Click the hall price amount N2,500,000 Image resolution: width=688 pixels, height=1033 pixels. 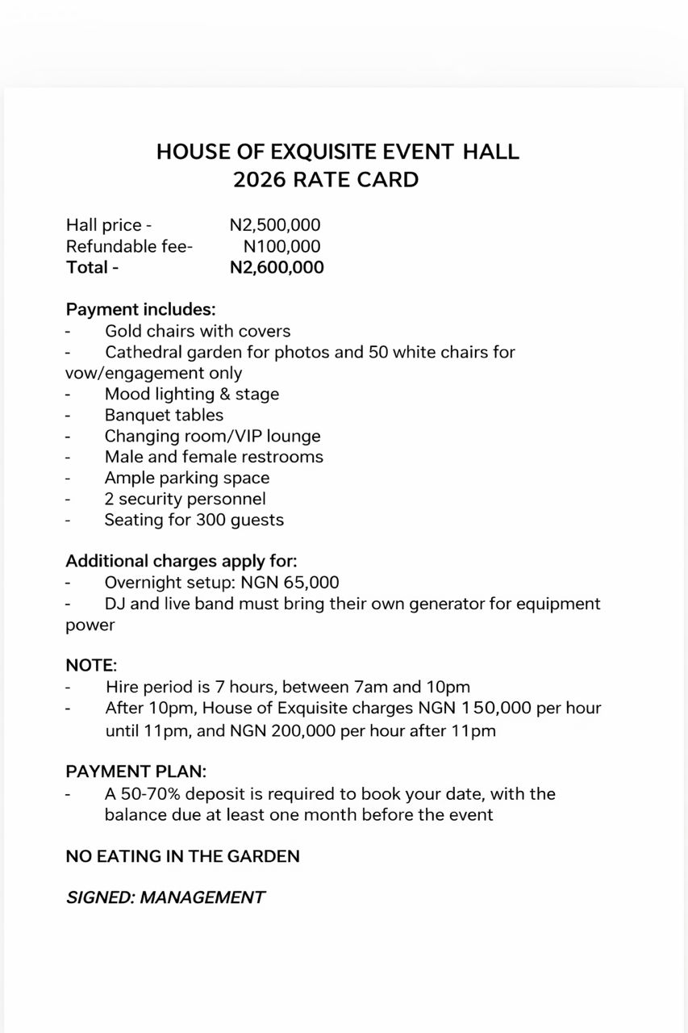275,225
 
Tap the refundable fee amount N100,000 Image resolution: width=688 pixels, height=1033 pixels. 281,246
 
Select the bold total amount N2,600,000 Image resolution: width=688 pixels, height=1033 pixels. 277,267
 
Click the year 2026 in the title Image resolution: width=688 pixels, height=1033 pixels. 260,179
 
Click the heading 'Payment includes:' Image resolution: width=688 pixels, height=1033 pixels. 140,309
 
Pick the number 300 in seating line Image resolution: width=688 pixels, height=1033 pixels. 211,520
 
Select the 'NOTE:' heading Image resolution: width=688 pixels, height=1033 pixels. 91,666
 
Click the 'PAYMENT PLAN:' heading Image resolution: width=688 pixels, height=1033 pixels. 136,772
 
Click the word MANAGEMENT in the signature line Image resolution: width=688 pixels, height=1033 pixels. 202,897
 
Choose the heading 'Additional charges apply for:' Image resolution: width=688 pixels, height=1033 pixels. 181,561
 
